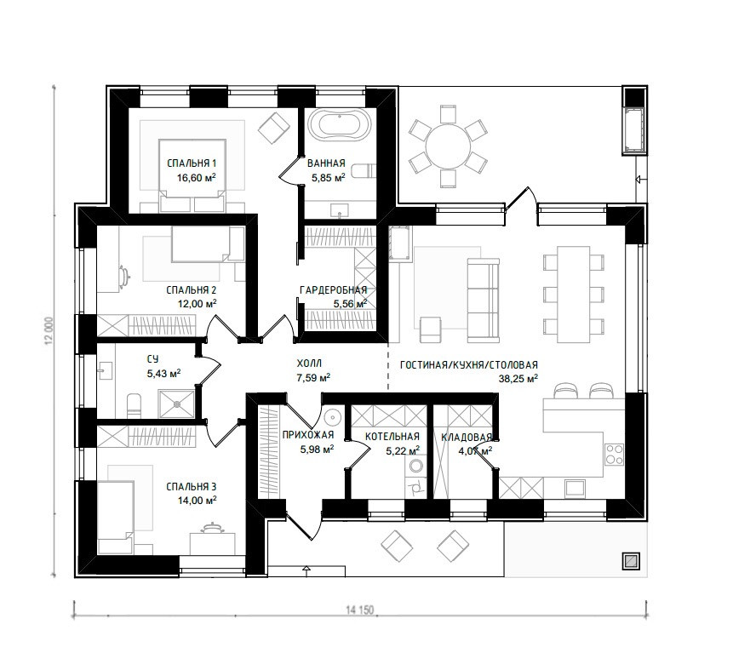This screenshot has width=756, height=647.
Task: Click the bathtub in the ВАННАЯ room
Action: (340, 124)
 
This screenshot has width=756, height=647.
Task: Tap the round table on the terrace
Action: (448, 146)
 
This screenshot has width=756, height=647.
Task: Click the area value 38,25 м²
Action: (518, 379)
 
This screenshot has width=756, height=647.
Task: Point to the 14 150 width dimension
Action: (359, 610)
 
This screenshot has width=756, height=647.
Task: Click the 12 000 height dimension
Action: (48, 332)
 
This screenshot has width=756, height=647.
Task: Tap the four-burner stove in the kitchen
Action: (615, 454)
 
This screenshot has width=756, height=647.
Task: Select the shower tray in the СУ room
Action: (176, 404)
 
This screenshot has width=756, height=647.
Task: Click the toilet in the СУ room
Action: (133, 406)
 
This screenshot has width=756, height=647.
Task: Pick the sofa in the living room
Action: (483, 300)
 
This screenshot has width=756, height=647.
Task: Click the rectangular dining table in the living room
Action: (574, 294)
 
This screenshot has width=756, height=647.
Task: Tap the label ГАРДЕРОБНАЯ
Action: (333, 290)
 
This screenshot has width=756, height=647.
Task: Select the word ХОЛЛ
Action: (309, 364)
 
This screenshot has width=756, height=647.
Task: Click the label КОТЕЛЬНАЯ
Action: (392, 437)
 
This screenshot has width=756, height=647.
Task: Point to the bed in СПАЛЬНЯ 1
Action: (192, 176)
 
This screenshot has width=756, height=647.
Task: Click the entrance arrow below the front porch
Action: (306, 570)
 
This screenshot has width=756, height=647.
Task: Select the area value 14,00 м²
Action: (197, 501)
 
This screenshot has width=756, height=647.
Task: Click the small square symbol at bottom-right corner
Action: (631, 561)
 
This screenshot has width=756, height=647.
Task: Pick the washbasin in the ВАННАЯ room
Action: (340, 210)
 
